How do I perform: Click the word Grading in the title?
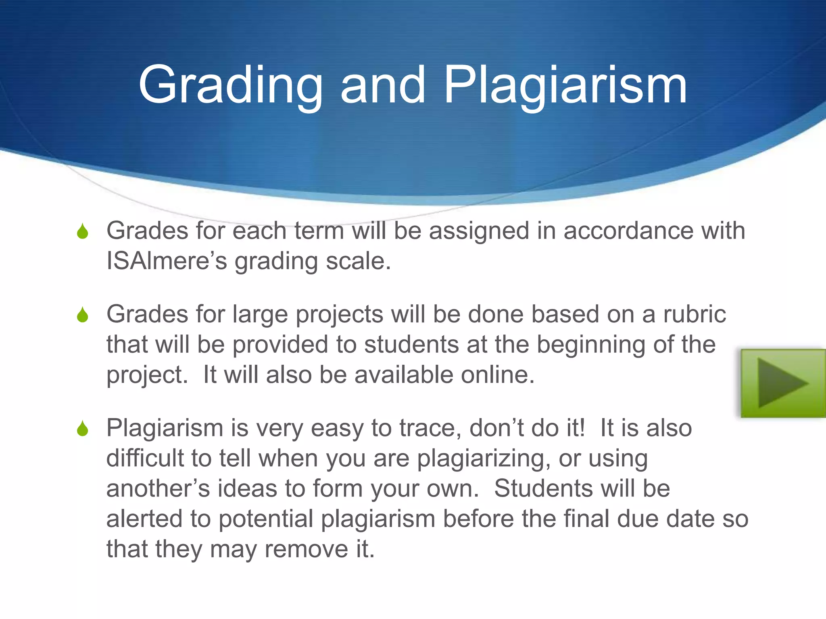(x=230, y=85)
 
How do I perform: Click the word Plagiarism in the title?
(x=565, y=85)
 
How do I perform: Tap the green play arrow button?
(x=783, y=383)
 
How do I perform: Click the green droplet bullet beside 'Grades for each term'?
(x=83, y=231)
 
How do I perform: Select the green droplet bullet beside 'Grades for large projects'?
(x=83, y=315)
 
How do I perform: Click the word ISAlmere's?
(x=167, y=261)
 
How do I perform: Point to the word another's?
(x=158, y=488)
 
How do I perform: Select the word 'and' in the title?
(x=383, y=85)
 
